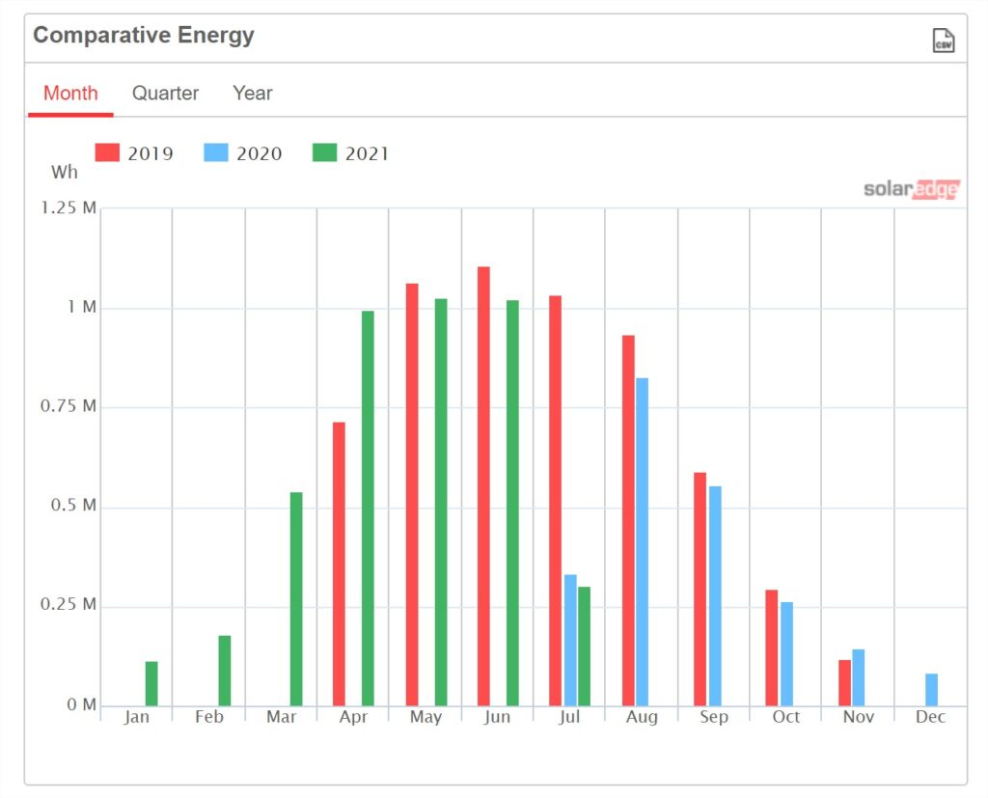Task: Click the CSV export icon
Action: coord(944,41)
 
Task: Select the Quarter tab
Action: coord(165,94)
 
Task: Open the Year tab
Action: coord(253,94)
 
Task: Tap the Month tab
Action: coord(70,94)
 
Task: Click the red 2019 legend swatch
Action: coord(107,152)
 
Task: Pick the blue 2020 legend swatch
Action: coord(216,152)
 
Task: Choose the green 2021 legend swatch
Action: coord(324,152)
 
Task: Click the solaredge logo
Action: coord(912,189)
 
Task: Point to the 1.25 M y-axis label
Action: coord(69,208)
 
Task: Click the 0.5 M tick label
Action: coord(73,506)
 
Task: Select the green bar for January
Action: coord(151,683)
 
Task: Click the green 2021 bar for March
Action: coord(296,599)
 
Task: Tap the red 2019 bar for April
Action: coord(339,564)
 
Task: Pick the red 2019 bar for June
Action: coord(484,486)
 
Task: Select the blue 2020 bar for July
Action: coord(570,641)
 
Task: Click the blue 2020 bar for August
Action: coord(642,542)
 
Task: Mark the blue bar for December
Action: coord(931,690)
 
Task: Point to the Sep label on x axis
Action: coord(714,717)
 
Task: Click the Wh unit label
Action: coord(65,172)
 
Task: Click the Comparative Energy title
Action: coord(144,36)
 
